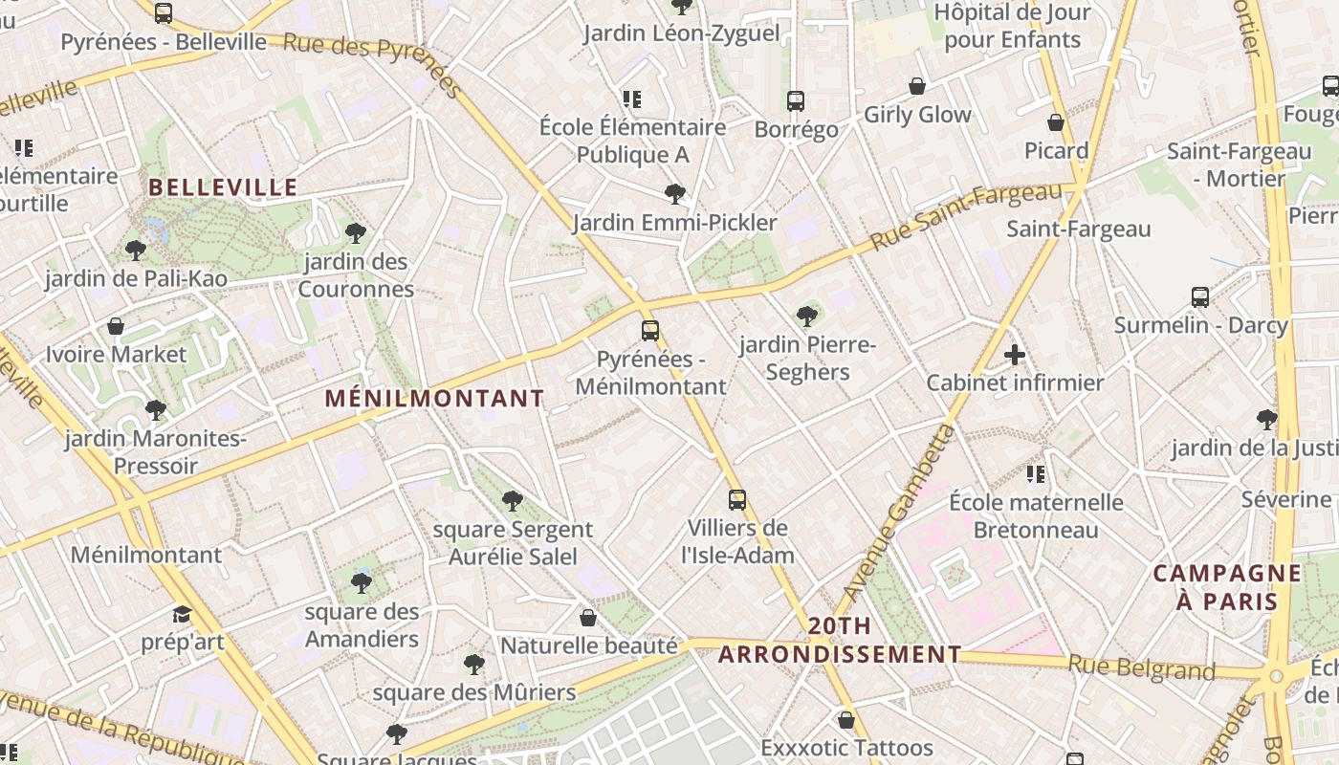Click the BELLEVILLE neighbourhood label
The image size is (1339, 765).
224,187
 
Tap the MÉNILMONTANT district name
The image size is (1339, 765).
434,398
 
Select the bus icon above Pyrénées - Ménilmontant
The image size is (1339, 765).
650,331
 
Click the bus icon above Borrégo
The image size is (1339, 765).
796,100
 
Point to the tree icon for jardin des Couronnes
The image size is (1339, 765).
356,232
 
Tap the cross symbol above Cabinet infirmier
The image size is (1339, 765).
1015,356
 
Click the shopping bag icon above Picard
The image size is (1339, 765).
1056,122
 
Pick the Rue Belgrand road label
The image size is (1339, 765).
1141,667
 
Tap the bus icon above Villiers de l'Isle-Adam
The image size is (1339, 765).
736,499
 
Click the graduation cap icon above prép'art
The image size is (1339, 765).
182,614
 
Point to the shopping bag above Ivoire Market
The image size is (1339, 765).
116,326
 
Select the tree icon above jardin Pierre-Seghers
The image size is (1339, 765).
807,316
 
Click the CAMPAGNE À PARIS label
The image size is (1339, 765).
1227,587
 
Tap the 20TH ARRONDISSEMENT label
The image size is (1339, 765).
840,641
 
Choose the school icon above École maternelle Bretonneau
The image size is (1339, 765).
1035,473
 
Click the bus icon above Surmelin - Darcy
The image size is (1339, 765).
1200,296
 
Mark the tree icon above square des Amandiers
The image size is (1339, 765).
361,582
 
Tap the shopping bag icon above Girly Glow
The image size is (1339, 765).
916,86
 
